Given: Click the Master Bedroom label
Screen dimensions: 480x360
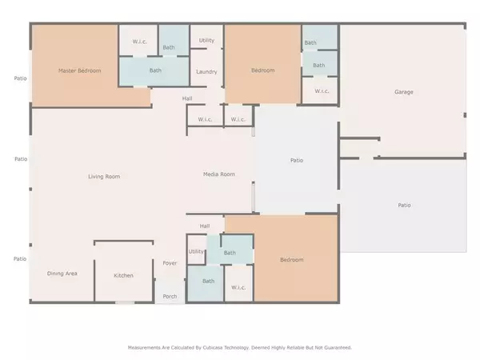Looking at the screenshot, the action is point(79,70).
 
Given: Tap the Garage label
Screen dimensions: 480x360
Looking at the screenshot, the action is point(404,92).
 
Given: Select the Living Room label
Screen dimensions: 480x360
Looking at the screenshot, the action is point(104,176).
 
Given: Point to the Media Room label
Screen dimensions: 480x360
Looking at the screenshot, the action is point(219,174).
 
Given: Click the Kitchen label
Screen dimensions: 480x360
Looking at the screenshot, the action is point(123,275).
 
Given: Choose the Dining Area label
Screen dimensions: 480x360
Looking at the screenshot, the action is point(62,274).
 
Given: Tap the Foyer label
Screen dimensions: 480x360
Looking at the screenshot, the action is point(170,263).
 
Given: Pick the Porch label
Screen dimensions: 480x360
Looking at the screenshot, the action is point(170,296).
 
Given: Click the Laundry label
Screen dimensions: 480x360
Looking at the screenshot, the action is point(206,72).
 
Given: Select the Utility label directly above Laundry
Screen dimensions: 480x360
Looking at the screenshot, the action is point(206,41).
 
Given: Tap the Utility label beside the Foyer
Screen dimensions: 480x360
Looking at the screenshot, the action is point(196,251).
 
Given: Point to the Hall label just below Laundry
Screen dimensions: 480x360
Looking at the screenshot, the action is point(187,98).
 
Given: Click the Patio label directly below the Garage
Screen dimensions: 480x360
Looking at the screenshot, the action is point(404,205).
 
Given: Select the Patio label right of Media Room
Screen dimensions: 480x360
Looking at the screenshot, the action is point(297,160).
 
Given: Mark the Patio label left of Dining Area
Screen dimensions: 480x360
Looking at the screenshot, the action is point(19,258).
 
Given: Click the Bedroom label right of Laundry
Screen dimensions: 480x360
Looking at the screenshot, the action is point(262,70).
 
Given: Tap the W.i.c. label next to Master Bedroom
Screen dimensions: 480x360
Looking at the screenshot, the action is point(139,42).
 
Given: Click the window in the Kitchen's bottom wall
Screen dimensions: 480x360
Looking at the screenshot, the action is point(125,302).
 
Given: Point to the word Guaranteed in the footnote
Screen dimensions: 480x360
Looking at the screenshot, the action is point(337,347).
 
